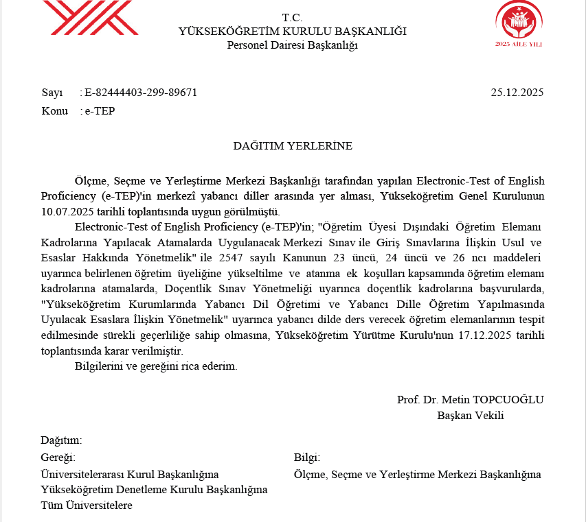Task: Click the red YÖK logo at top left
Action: (x=90, y=19)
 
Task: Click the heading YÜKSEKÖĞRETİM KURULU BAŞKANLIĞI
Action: (x=292, y=32)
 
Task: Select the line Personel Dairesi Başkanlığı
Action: (x=292, y=45)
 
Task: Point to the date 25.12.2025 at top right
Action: (x=517, y=93)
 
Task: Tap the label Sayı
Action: (x=52, y=93)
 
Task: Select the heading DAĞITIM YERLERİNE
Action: (x=293, y=145)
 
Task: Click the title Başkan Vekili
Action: (x=471, y=414)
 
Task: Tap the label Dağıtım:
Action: (x=61, y=440)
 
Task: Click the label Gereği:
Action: (x=58, y=458)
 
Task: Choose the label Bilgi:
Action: (x=307, y=458)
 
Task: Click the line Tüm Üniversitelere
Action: (x=87, y=506)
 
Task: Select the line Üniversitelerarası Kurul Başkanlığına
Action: (x=130, y=474)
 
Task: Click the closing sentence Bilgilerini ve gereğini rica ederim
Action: (x=156, y=366)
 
